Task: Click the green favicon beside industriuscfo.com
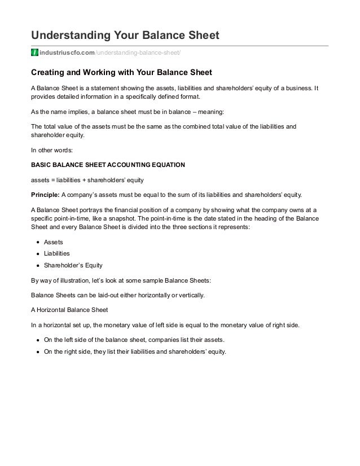[x=34, y=53]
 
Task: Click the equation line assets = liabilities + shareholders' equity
[x=87, y=181]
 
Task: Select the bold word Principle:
[x=44, y=195]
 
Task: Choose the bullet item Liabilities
[x=57, y=254]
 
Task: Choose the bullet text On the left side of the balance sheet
[x=132, y=340]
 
